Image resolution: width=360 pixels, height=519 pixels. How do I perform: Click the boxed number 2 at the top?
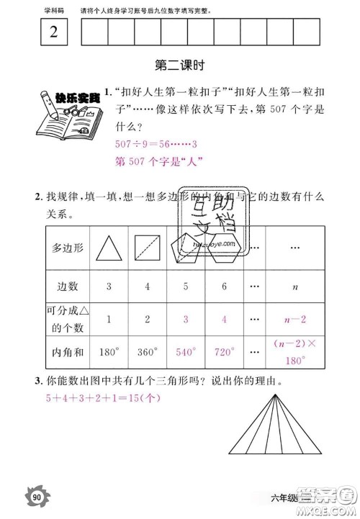[x=55, y=33]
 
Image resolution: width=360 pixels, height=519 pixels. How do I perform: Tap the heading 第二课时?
[x=180, y=66]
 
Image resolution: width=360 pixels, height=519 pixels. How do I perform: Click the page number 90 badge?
[x=37, y=495]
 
